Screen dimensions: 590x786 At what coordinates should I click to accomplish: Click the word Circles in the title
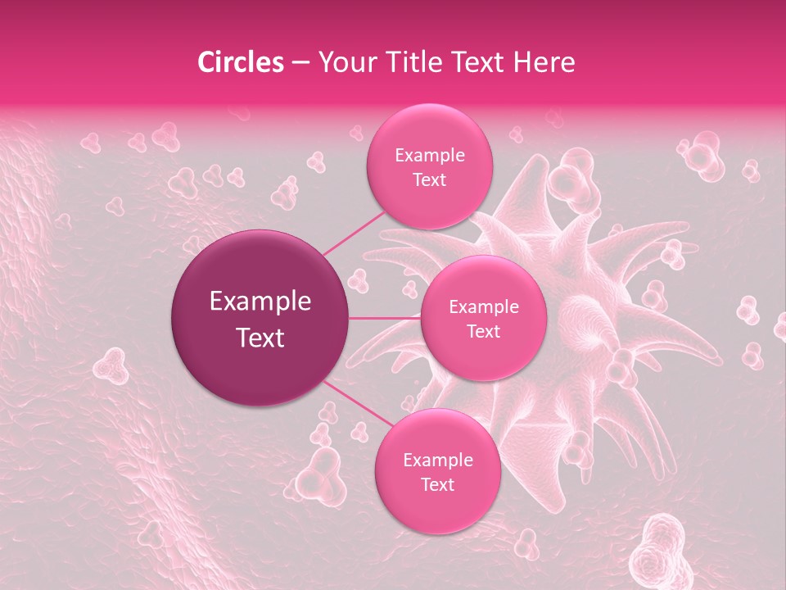[x=240, y=61]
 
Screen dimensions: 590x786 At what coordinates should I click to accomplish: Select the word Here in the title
[x=544, y=61]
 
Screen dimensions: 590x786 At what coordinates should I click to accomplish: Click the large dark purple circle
[x=260, y=318]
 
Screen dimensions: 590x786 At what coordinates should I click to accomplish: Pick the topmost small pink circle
[x=429, y=166]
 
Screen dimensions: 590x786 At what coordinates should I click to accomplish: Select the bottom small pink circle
[x=437, y=471]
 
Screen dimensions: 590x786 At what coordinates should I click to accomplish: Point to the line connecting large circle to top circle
[x=354, y=231]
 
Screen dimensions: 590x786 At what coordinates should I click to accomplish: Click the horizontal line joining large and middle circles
[x=385, y=318]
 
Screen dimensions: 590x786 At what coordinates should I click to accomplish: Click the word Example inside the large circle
[x=260, y=302]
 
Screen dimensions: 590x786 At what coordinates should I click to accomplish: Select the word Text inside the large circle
[x=260, y=338]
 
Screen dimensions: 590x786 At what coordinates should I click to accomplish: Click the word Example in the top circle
[x=430, y=155]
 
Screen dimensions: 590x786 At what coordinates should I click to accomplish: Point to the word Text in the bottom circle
[x=437, y=484]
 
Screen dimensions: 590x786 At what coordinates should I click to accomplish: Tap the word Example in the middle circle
[x=484, y=306]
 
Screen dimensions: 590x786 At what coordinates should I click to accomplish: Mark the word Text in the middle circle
[x=483, y=331]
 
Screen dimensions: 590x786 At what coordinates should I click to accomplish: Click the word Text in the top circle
[x=429, y=179]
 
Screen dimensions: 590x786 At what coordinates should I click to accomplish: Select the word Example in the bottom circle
[x=438, y=460]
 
